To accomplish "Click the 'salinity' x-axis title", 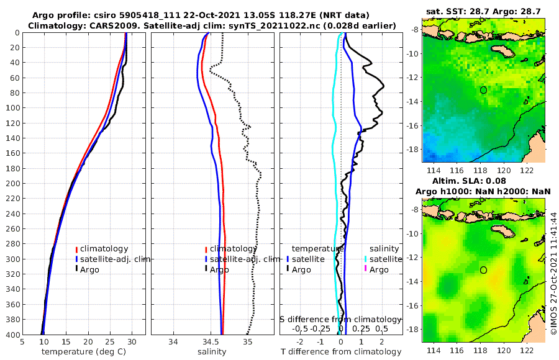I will tap(212, 352).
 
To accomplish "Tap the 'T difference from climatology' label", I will tap(341, 352).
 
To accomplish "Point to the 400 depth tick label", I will tap(12, 335).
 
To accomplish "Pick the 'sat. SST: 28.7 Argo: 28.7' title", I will tap(484, 11).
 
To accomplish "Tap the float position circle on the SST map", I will tap(483, 90).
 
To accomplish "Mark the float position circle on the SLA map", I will tap(483, 270).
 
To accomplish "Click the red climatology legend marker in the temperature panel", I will tap(76, 249).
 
